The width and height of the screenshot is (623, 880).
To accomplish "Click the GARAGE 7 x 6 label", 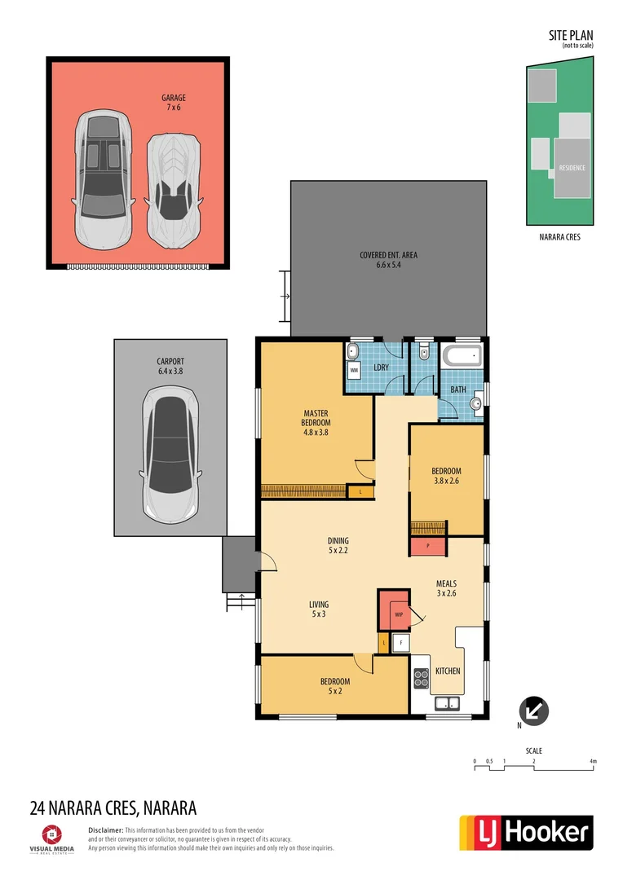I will (173, 102).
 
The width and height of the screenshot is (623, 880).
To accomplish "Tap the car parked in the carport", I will (170, 455).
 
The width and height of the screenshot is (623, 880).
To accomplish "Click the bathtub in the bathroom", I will (462, 357).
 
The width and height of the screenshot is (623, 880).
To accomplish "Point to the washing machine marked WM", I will (354, 370).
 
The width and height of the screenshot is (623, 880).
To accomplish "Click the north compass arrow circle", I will (534, 711).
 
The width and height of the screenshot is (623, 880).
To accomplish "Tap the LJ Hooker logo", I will (526, 832).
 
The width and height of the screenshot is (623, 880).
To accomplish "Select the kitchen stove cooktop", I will (421, 679).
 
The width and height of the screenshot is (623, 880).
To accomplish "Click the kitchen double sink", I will (447, 703).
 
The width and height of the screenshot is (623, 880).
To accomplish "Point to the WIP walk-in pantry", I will (399, 613).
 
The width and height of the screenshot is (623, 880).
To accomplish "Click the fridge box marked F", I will (400, 643).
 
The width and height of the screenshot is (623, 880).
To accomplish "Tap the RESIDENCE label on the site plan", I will (572, 168).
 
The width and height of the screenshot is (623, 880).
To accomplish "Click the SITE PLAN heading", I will (571, 36).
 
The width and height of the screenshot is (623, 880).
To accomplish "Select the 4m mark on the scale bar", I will (594, 762).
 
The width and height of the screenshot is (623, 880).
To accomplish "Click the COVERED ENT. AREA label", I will (388, 260).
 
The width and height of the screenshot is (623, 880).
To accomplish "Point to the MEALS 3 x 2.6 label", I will (446, 588).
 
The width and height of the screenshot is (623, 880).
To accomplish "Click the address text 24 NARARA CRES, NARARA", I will (113, 808).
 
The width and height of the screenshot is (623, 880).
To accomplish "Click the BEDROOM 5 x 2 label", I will (334, 686).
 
